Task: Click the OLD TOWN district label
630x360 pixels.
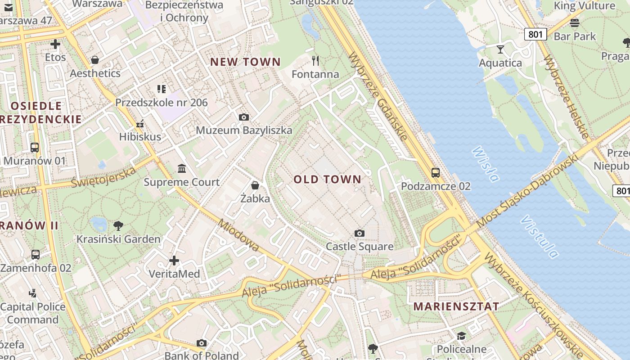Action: tap(328, 180)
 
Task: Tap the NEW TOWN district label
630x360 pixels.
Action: tap(246, 62)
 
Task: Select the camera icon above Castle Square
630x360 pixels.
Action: tap(359, 233)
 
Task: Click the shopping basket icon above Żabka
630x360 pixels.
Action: tap(255, 185)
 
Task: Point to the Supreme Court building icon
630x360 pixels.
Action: tap(182, 169)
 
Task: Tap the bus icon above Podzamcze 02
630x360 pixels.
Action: tap(435, 172)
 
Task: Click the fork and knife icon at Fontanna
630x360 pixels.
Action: tap(315, 60)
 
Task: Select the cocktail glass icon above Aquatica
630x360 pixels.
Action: tap(500, 49)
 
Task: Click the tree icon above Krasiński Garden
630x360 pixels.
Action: tap(118, 225)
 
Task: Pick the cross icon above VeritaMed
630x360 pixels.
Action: tap(174, 260)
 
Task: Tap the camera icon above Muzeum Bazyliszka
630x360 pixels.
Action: tap(244, 117)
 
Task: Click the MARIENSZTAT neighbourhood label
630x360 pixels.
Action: tap(456, 306)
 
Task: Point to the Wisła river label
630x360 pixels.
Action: tap(486, 164)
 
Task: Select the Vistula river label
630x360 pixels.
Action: tap(540, 237)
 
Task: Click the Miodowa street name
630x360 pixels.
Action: tap(238, 235)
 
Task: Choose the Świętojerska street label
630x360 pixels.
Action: tap(103, 176)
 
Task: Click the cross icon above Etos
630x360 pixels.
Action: tap(55, 44)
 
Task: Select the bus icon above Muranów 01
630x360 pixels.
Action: tap(34, 147)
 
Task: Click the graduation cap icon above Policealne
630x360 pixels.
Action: tap(461, 336)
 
